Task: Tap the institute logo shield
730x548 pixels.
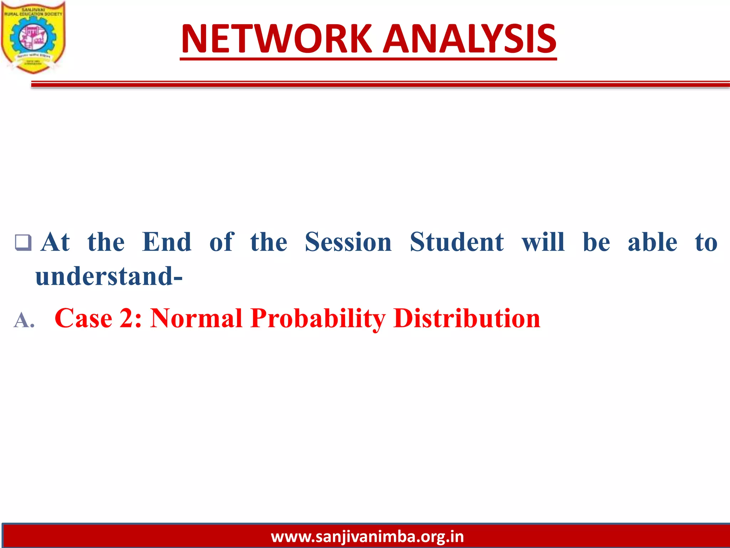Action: click(33, 37)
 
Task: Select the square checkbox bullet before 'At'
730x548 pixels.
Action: click(23, 243)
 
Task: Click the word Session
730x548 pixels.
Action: click(348, 242)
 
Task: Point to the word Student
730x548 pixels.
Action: click(457, 242)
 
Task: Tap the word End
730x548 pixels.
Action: click(166, 242)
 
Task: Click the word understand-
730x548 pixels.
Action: click(109, 276)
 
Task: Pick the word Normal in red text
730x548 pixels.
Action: click(196, 318)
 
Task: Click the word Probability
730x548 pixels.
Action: click(318, 318)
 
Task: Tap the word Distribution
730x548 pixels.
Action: click(467, 318)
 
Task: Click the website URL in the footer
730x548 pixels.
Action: click(367, 537)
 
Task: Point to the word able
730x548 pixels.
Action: click(652, 242)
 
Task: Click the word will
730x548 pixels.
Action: click(543, 242)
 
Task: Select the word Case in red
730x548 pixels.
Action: click(83, 318)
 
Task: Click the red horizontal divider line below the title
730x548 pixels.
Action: click(378, 84)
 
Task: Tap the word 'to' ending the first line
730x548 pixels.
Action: click(706, 242)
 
